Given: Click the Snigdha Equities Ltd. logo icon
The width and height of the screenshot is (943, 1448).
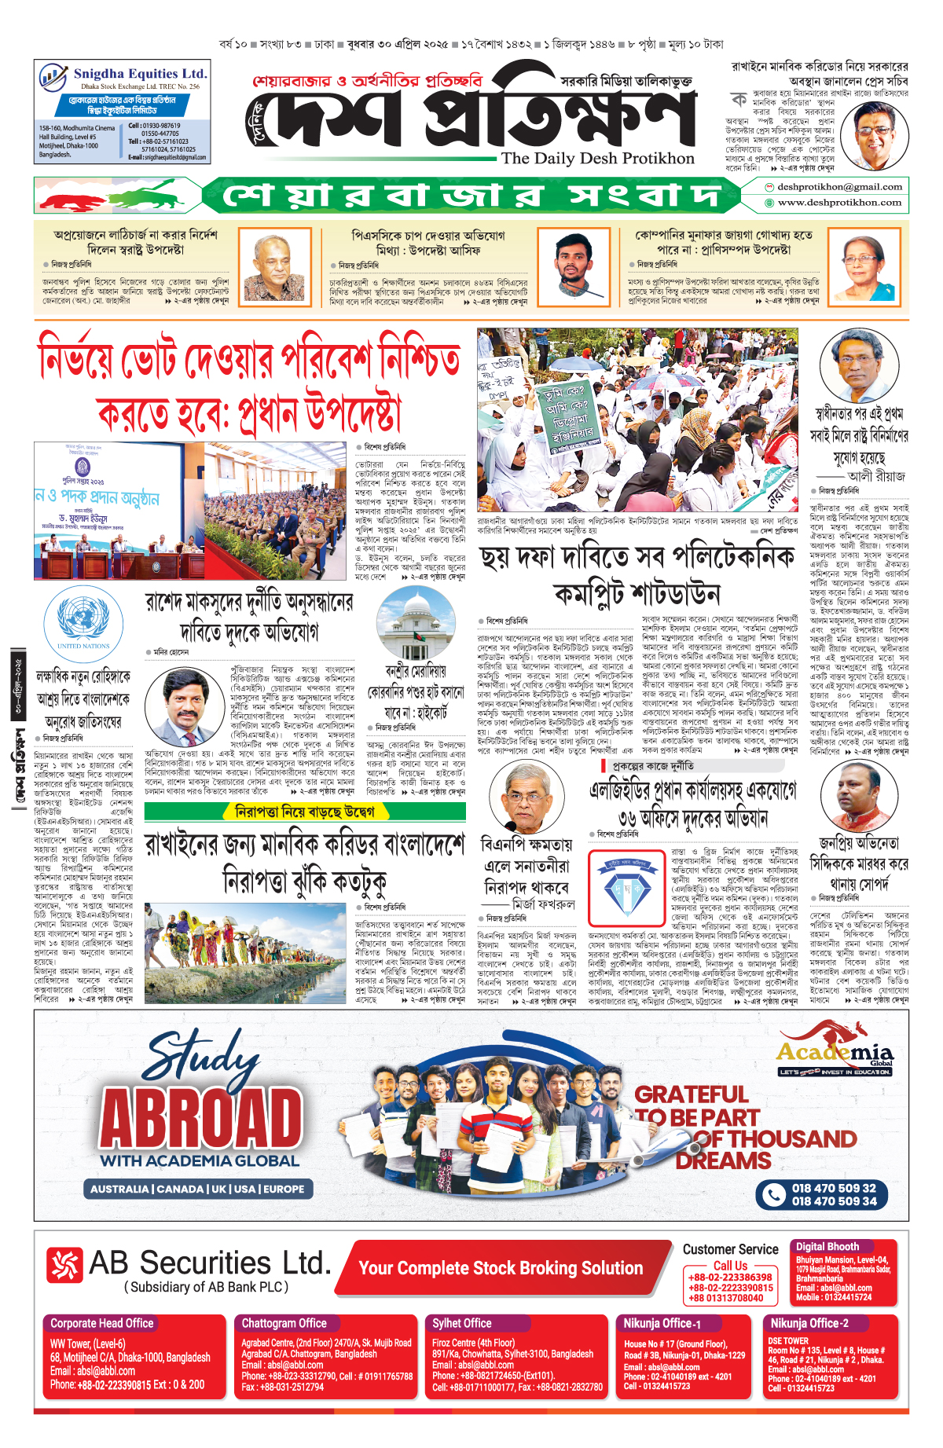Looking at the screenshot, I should tap(53, 77).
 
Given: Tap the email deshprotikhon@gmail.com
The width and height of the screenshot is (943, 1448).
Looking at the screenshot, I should tap(839, 187).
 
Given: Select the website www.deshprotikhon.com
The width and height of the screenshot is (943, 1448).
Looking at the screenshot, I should tap(839, 203).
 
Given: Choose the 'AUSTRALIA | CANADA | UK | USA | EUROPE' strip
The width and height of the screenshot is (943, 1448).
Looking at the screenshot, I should tap(197, 1189).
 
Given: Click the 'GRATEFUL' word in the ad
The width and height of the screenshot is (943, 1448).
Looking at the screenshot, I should tap(691, 1094).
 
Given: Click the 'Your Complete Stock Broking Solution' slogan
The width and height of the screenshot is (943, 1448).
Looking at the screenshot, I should tap(501, 1268).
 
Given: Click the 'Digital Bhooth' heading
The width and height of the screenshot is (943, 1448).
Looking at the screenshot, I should tap(827, 1246).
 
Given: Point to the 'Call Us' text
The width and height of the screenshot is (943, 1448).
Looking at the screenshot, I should tap(730, 1266).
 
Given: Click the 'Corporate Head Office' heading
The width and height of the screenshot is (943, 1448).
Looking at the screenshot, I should tap(102, 1323).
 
